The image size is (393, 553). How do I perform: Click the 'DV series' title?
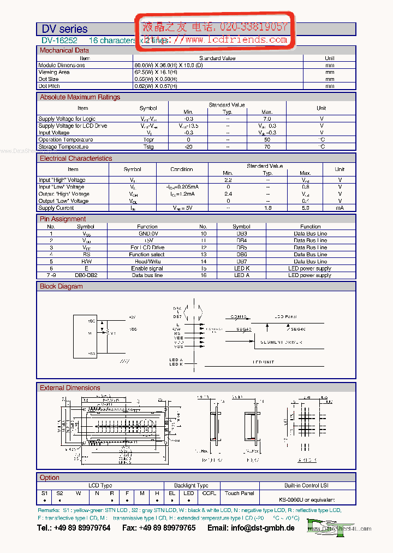click(x=64, y=29)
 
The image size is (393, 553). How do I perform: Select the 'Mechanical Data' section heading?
click(x=64, y=50)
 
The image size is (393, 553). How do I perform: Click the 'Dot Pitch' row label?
click(x=49, y=86)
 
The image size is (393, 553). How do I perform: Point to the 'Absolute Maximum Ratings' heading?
click(x=80, y=97)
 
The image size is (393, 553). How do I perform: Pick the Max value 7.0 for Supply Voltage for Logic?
click(x=267, y=119)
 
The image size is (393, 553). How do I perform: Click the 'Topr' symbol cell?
click(x=148, y=139)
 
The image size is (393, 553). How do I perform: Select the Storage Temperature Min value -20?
click(x=188, y=146)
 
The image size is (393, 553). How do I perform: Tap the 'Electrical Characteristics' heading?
click(x=75, y=158)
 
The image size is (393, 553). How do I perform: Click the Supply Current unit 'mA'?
click(x=340, y=208)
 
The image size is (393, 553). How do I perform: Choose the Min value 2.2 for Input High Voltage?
click(x=228, y=180)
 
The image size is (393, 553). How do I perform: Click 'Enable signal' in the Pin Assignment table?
click(x=147, y=268)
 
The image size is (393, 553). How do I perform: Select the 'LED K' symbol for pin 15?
click(x=241, y=268)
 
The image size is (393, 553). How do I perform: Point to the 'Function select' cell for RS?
click(x=147, y=255)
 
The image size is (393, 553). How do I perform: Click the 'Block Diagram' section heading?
click(x=61, y=286)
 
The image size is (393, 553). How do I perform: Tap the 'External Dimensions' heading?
click(x=70, y=388)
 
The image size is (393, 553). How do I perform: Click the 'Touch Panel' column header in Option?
click(x=240, y=493)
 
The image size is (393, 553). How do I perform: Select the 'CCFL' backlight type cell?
click(x=209, y=493)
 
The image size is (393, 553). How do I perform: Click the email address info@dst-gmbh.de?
click(x=251, y=528)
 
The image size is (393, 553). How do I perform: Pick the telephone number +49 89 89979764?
click(x=74, y=528)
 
